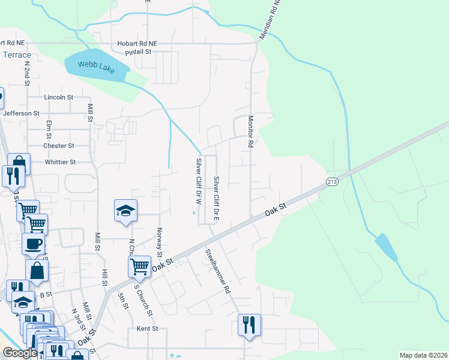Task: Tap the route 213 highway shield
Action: (333, 181)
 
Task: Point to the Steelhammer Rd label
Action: (217, 271)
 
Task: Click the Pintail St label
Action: (140, 53)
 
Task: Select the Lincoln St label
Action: (58, 97)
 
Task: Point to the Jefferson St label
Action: (21, 113)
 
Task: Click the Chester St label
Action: (58, 146)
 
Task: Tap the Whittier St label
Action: (61, 162)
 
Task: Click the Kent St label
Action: (147, 329)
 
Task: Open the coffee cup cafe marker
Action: (33, 244)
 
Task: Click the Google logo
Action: (20, 353)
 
